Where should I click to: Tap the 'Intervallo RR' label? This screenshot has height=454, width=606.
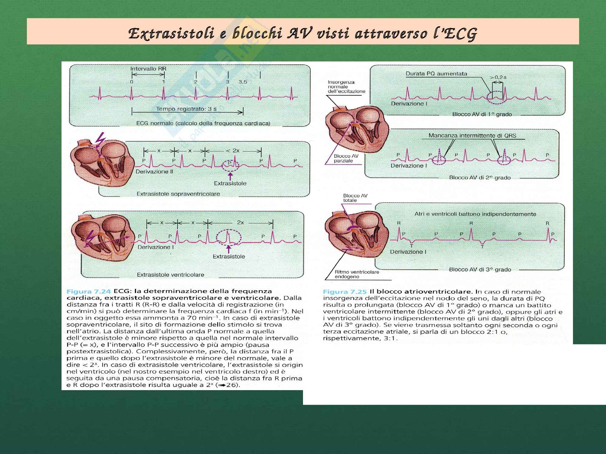coord(148,69)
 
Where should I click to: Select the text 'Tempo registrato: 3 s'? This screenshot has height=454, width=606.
coord(184,109)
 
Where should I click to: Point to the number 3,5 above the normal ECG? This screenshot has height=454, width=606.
coord(243,82)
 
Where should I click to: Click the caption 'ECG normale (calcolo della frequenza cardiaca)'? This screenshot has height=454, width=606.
coord(203,123)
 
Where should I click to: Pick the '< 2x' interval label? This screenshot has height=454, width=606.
coord(233,150)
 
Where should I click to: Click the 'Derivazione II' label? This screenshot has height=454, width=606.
coord(154,172)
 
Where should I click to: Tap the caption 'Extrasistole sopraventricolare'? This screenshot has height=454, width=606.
coord(178,194)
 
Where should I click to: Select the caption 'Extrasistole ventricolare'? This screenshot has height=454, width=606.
coord(170,275)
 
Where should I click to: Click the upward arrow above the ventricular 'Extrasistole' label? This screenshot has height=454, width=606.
coord(229,249)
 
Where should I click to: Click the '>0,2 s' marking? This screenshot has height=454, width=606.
coord(498,77)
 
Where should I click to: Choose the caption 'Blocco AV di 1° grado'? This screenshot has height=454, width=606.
coord(482,114)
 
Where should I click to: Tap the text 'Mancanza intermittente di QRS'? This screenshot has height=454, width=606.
coord(472,136)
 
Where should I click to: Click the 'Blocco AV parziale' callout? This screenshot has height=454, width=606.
coord(346,158)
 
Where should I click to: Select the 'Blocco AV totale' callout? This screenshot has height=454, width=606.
coord(355,198)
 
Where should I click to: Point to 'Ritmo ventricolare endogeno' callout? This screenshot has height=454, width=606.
coord(357,274)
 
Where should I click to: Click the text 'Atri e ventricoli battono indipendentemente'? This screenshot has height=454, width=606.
coord(475,214)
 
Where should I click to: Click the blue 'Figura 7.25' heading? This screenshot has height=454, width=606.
coord(345,292)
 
